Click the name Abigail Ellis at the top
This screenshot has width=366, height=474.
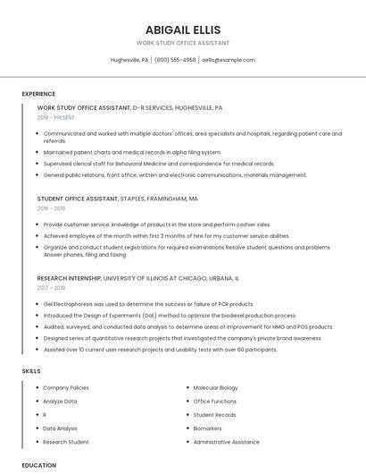182,30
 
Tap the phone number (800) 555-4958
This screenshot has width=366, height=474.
175,60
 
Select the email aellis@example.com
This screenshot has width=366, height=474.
228,60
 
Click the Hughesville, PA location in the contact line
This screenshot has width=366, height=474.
129,60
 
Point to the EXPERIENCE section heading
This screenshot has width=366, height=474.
38,94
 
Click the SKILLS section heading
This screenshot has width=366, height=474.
31,370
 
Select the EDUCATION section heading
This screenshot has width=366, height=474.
38,465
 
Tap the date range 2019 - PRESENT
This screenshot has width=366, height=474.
55,117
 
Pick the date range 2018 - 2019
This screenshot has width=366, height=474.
51,208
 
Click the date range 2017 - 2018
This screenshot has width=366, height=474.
51,288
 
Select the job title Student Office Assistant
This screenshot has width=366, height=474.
78,199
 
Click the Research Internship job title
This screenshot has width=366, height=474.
69,278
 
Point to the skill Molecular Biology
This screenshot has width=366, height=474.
216,388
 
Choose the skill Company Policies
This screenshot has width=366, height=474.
66,388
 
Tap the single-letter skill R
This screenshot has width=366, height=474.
45,415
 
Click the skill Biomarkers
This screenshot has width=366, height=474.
208,428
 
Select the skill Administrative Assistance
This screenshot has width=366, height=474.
226,442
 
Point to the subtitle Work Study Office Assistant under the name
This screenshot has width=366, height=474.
182,43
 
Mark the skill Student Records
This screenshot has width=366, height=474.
214,415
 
